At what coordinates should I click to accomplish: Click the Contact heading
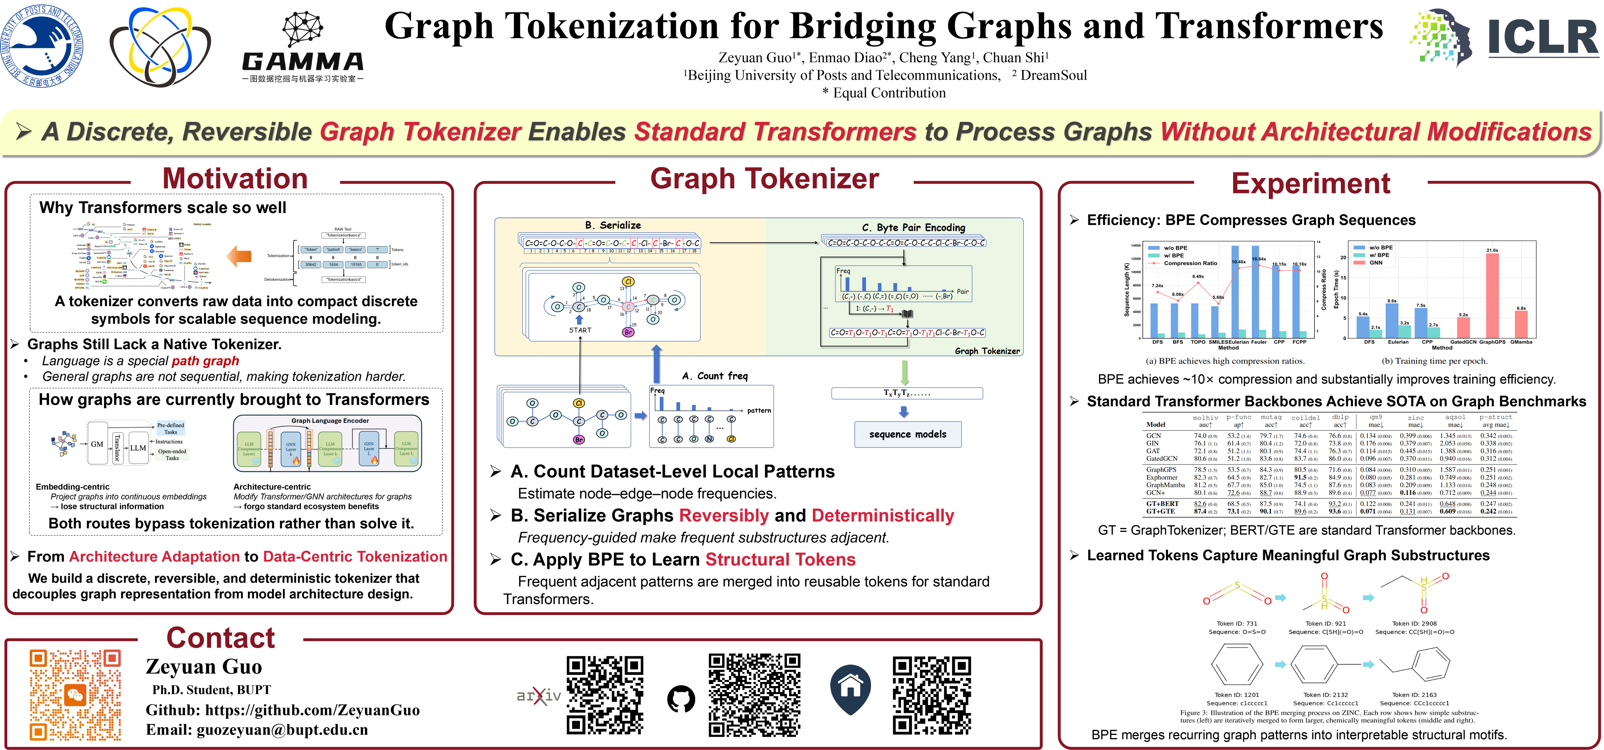click(x=221, y=637)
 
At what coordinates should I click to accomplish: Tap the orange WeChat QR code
click(x=75, y=695)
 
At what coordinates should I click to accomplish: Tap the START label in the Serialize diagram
click(x=580, y=330)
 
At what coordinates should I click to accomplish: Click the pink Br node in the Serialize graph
click(x=628, y=332)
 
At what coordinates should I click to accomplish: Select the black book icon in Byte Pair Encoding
click(x=908, y=313)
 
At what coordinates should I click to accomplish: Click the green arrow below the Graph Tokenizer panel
click(x=904, y=372)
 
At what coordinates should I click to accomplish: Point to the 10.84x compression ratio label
click(x=1258, y=259)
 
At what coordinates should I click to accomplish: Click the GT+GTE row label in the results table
click(x=1161, y=511)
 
